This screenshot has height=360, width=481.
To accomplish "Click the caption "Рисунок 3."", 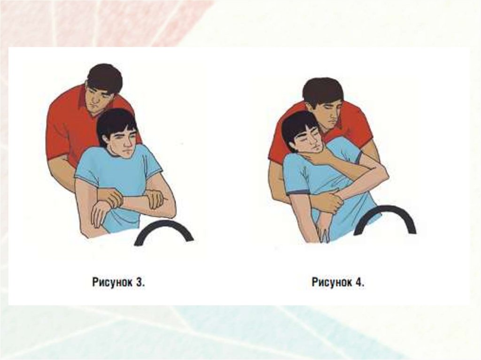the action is click(118, 283).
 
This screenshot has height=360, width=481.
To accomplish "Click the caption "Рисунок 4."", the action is click(338, 282).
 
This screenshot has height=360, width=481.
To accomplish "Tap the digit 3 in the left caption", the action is click(139, 283).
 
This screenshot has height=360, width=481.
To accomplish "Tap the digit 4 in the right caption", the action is click(359, 282).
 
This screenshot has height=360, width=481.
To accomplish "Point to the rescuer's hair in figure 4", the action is click(322, 91).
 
